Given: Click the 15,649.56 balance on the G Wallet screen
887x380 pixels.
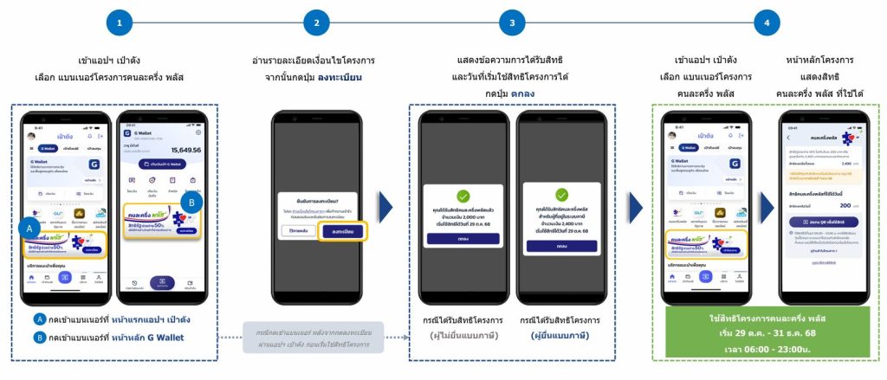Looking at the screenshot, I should coord(180,150).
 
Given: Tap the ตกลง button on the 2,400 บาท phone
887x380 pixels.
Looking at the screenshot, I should coord(561,247).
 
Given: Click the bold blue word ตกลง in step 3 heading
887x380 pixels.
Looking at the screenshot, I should coord(521,93).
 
